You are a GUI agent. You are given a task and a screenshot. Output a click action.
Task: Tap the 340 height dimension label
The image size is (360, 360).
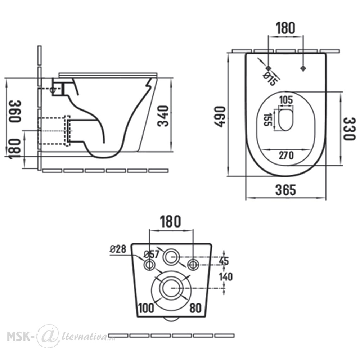coord(163,116)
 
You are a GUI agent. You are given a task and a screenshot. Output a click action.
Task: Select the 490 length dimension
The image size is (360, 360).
coord(220,116)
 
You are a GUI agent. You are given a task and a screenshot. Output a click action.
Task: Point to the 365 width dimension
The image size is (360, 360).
coord(285,190)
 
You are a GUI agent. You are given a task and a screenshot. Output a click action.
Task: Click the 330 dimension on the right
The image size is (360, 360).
coord(349,129)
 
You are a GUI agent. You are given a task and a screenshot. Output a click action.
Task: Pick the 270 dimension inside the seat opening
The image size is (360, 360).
coord(286,156)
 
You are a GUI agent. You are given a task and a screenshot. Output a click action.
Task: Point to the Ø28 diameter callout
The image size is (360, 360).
coord(118,249)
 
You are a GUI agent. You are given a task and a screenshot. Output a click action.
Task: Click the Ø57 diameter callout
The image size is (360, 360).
coord(151,254)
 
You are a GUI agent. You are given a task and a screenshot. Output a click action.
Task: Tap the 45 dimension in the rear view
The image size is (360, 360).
coord(224,261)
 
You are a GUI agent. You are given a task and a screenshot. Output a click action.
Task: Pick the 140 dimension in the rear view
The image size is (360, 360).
coord(226,277)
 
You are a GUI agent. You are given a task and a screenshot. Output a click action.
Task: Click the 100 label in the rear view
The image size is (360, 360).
coord(146,308)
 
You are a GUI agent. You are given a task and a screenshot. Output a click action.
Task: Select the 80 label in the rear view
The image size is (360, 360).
coord(195,308)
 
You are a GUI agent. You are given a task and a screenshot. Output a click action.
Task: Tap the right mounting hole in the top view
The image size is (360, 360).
coord(303,68)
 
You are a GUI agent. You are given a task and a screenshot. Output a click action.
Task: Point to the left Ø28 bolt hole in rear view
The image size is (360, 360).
coord(149,260)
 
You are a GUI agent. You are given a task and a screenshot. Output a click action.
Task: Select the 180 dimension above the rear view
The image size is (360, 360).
coord(170,221)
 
